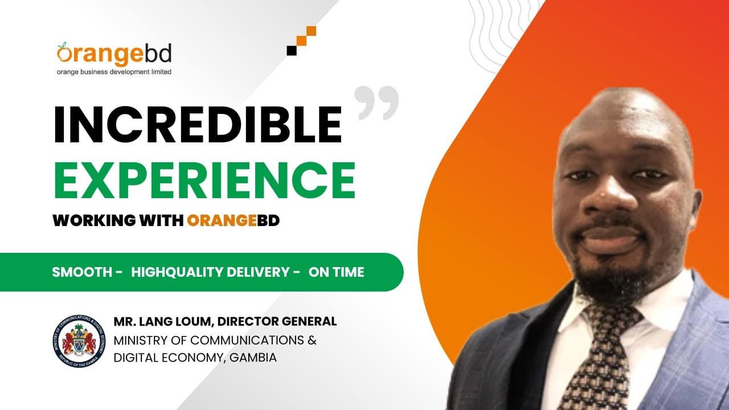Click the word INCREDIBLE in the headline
pos(198,124)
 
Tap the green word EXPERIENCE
pos(204,180)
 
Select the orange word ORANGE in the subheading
pos(222,220)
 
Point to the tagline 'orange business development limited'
pos(114,72)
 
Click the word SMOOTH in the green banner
pos(82,272)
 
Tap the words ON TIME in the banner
pos(336,272)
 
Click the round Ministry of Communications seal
pos(79,341)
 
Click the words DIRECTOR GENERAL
pos(277,322)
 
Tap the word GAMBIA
pos(253,358)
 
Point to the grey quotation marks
pos(376,103)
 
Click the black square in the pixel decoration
pos(292,51)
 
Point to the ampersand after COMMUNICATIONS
pos(312,341)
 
